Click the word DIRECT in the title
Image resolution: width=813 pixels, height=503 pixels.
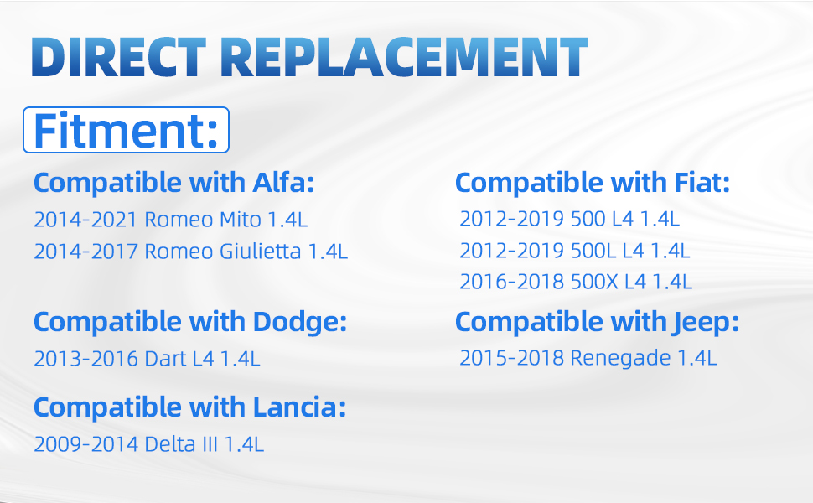pyautogui.click(x=119, y=57)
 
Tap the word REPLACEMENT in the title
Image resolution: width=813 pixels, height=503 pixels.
pyautogui.click(x=405, y=57)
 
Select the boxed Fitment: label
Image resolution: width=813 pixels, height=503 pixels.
pyautogui.click(x=126, y=130)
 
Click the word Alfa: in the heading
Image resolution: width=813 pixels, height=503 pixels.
pyautogui.click(x=283, y=183)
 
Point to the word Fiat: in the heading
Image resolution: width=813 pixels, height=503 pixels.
pyautogui.click(x=702, y=183)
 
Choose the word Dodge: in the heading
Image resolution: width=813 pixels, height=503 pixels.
pyautogui.click(x=300, y=322)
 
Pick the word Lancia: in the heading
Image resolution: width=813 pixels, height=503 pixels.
pyautogui.click(x=299, y=407)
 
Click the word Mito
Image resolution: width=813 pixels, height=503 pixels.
pyautogui.click(x=241, y=220)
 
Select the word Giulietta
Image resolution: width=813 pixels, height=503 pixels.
pyautogui.click(x=261, y=251)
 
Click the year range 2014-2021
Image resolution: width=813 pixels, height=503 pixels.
pyautogui.click(x=85, y=220)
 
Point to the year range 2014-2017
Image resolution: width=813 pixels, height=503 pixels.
pyautogui.click(x=85, y=251)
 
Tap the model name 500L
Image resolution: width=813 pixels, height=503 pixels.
pyautogui.click(x=593, y=251)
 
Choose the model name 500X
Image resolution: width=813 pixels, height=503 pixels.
pyautogui.click(x=594, y=282)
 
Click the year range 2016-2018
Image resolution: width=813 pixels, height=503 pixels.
pyautogui.click(x=511, y=282)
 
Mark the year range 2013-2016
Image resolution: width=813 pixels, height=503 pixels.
pyautogui.click(x=85, y=359)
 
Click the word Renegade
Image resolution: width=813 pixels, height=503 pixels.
pyautogui.click(x=620, y=358)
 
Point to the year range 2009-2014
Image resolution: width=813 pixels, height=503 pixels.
pyautogui.click(x=85, y=444)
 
